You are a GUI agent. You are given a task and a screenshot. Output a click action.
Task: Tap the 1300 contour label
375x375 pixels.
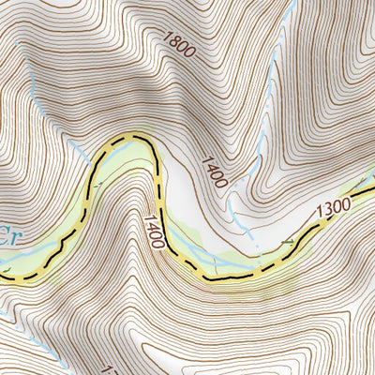(333, 205)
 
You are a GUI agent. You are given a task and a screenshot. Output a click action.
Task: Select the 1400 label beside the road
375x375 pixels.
(155, 231)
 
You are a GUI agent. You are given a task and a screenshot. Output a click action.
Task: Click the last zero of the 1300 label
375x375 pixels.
(344, 202)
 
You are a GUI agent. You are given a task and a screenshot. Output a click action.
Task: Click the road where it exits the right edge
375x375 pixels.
(372, 212)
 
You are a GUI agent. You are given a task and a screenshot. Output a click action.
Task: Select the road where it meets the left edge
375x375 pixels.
(3, 276)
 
